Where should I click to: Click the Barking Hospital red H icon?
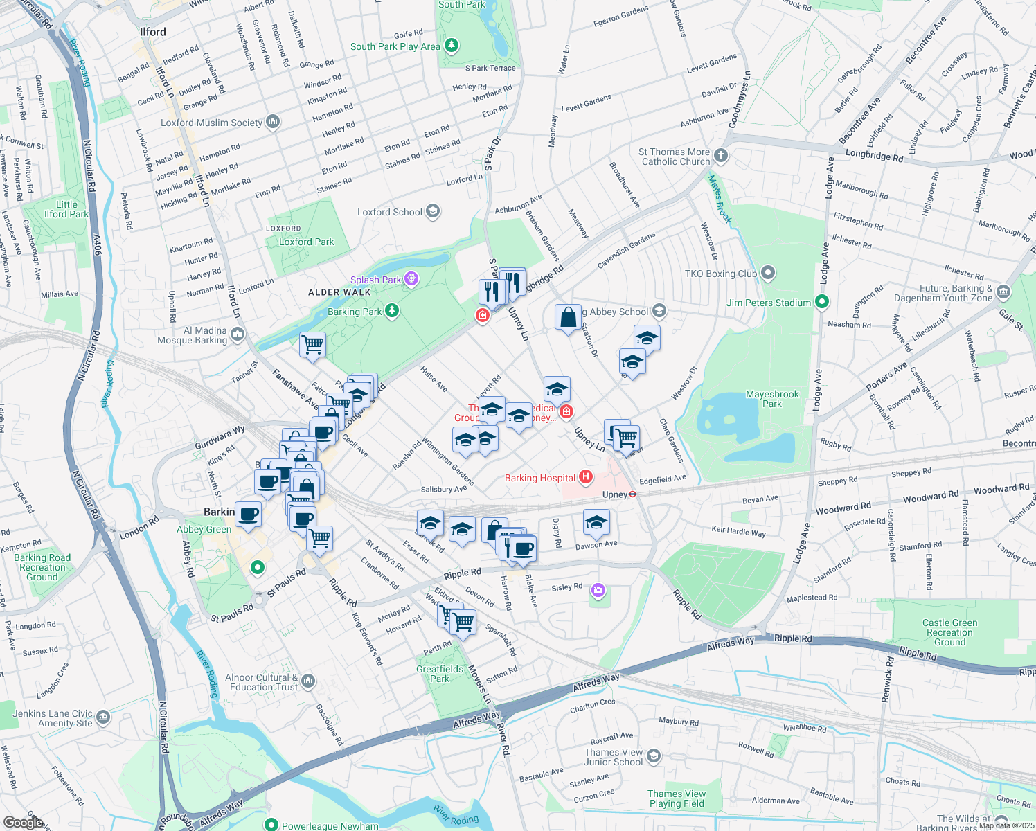point(586,477)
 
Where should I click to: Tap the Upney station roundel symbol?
point(633,494)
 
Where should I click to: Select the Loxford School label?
point(389,212)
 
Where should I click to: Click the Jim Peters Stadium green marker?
point(822,302)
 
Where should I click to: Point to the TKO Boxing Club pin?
point(768,273)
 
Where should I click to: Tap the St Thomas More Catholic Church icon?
point(721,155)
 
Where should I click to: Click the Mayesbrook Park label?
point(772,399)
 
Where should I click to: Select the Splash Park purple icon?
point(411,279)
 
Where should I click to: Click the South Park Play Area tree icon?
point(452,46)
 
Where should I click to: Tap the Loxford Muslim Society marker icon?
point(273,122)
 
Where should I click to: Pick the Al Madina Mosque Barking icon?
point(238,334)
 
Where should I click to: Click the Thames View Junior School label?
point(614,757)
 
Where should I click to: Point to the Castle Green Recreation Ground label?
point(949,632)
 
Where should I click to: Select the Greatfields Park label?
point(440,674)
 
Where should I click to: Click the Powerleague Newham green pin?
point(271,825)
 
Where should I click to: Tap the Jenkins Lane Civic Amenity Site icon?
point(103,716)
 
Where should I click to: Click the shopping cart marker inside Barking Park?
point(312,344)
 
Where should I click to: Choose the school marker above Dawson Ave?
point(596,524)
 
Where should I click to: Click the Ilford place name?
point(153,32)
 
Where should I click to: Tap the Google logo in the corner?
point(23,822)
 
